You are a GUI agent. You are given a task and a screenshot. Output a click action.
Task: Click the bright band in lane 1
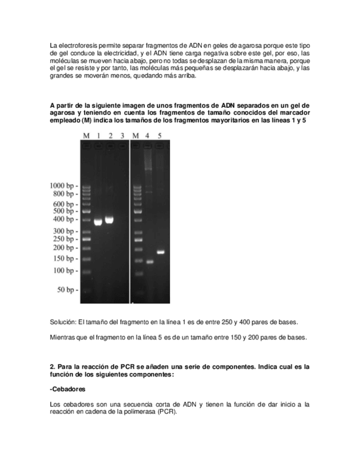click(98, 222)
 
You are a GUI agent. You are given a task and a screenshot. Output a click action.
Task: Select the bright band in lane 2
click(109, 220)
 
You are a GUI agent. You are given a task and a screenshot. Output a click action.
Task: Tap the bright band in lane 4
click(149, 262)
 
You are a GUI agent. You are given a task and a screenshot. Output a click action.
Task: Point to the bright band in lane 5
click(160, 252)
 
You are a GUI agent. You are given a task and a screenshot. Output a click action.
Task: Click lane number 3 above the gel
click(122, 135)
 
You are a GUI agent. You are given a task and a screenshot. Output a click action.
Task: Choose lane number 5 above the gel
click(160, 135)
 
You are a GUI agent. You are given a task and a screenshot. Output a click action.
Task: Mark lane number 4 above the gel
click(148, 135)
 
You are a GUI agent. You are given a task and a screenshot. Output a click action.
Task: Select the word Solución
click(63, 321)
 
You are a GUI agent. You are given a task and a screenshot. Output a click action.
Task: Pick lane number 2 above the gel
click(110, 135)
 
